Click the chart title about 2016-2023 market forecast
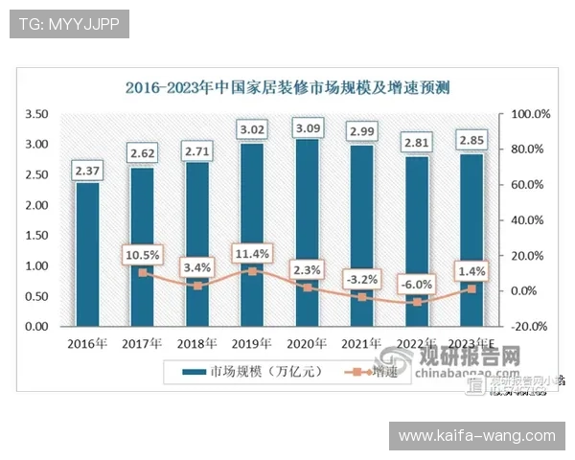tap(287, 87)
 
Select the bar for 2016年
tap(87, 254)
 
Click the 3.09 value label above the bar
tap(307, 126)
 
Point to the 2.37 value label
tap(87, 170)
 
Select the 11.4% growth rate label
tap(252, 254)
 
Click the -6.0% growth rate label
tap(417, 285)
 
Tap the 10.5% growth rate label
tap(142, 255)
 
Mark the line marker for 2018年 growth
tap(197, 286)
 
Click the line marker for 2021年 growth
tap(362, 297)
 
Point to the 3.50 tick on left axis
tap(35, 114)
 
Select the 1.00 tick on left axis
tap(35, 265)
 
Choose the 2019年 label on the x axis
tap(252, 344)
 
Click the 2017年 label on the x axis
tap(142, 344)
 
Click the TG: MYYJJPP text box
tap(68, 24)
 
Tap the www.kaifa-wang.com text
tap(475, 436)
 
